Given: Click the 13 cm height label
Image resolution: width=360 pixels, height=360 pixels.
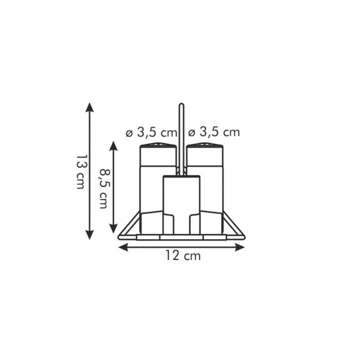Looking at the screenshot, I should click(x=81, y=171).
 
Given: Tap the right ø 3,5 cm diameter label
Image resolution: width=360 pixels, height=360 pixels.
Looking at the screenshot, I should click(x=214, y=132).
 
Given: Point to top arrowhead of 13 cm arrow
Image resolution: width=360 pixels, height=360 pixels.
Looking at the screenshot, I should click(x=90, y=107).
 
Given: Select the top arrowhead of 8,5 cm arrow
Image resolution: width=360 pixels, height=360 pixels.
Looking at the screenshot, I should click(x=114, y=146).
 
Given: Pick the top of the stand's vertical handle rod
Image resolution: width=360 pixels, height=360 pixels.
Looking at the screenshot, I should click(x=181, y=106).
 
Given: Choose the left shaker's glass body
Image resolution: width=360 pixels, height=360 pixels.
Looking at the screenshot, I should click(x=150, y=190).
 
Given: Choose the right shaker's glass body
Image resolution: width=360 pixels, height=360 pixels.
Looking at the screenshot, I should click(x=212, y=190).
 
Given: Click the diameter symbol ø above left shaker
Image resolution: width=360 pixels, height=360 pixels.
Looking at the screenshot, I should click(x=130, y=133).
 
